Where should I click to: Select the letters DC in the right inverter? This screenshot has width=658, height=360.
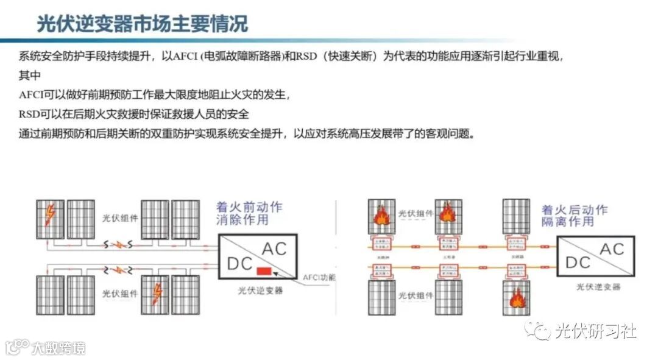tap(578, 262)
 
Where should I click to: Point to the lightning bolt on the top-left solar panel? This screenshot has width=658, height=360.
tap(49, 214)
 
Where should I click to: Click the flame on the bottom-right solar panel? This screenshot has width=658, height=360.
tap(516, 298)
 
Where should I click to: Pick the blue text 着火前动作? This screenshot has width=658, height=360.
tap(250, 207)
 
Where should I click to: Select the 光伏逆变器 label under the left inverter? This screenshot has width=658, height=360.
tap(260, 291)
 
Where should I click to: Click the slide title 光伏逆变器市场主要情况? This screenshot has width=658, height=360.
tap(142, 24)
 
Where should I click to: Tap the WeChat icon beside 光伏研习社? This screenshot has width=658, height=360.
tap(538, 331)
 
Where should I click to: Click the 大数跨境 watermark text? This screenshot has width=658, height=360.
tap(58, 348)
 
